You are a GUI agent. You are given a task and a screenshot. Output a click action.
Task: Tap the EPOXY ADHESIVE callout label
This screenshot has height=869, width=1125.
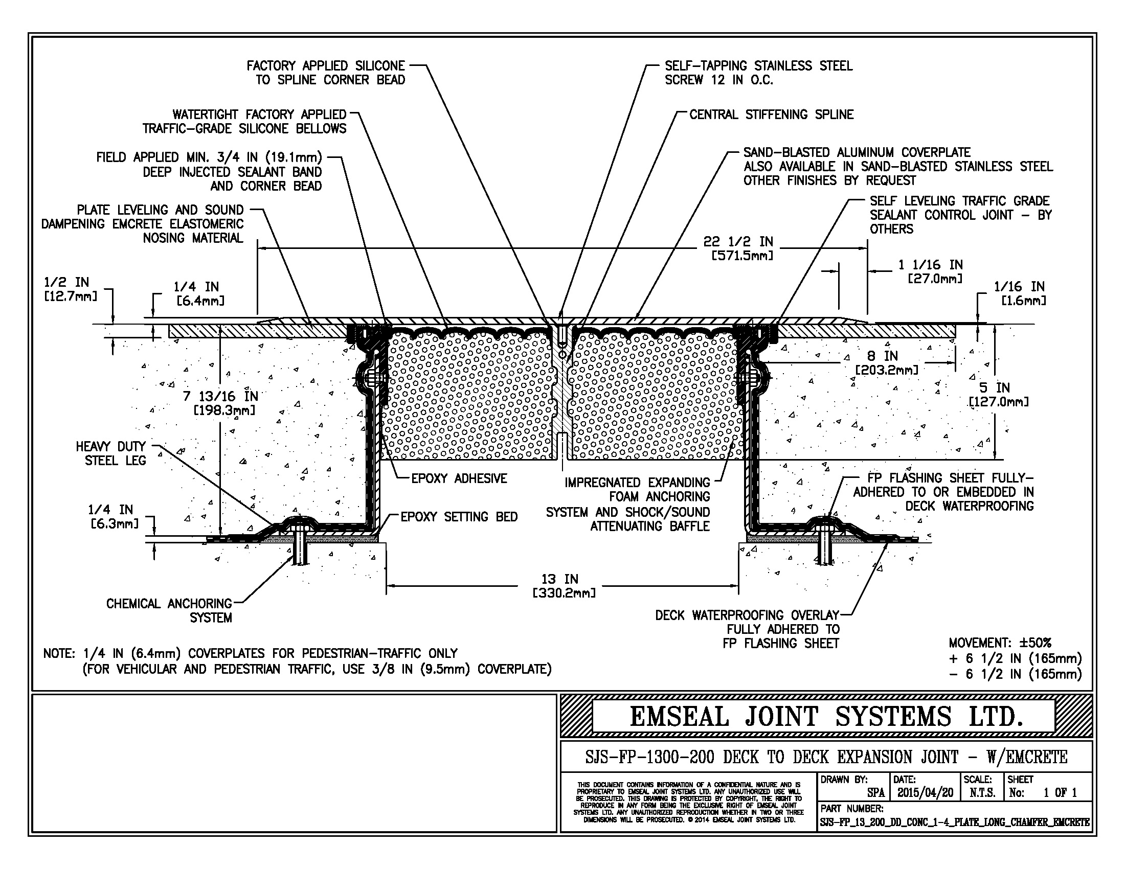(459, 479)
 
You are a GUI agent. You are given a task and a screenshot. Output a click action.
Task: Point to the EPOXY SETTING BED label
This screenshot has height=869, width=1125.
(459, 517)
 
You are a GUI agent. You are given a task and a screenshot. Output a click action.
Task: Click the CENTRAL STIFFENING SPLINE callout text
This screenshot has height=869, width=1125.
(771, 115)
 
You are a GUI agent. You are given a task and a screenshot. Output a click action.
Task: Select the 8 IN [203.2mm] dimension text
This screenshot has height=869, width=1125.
(886, 362)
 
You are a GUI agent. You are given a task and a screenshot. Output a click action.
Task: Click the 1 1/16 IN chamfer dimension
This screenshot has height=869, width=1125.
(930, 271)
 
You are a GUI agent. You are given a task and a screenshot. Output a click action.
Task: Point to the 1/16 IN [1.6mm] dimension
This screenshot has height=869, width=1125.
(1019, 293)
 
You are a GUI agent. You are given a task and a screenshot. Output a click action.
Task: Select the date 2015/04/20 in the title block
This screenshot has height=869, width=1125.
(925, 793)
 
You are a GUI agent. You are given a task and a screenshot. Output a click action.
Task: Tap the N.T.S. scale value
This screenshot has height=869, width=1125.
(982, 793)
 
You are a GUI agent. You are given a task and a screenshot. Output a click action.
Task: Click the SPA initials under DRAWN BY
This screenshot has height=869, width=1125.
(875, 793)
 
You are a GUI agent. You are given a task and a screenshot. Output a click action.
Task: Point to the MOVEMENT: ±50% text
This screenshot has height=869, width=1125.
(999, 643)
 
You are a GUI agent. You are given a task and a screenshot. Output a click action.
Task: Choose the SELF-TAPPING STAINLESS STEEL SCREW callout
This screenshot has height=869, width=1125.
(758, 73)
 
